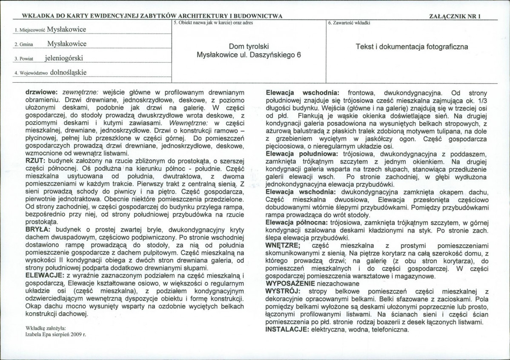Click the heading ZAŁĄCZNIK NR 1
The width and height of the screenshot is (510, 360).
point(456,16)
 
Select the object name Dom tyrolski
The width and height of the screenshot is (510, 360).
point(249,47)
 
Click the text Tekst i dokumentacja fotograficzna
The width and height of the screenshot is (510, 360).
point(412,47)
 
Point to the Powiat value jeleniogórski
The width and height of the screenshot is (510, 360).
point(64,58)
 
